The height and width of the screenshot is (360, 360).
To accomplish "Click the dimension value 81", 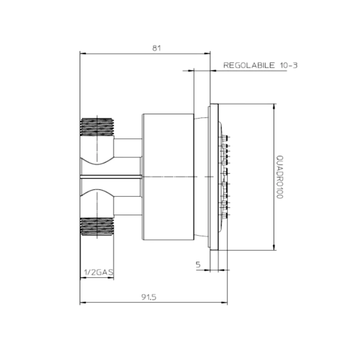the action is pos(156,48).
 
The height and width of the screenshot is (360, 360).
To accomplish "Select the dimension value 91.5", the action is pos(149,297).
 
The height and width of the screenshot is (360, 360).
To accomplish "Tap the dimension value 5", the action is pos(198,265).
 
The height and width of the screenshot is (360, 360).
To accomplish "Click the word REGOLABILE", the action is pos(249,65).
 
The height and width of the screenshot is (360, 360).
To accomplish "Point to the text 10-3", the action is pos(289,65).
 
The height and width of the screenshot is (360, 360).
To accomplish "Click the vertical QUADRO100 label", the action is pos(280,177).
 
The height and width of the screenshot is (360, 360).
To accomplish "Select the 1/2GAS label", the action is pos(99,272).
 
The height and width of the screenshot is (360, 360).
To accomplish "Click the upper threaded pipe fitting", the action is pos(97,127).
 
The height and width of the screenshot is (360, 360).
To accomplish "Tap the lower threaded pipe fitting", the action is pos(97,227).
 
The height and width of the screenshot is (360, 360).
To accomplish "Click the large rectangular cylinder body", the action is pos(168,177).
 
